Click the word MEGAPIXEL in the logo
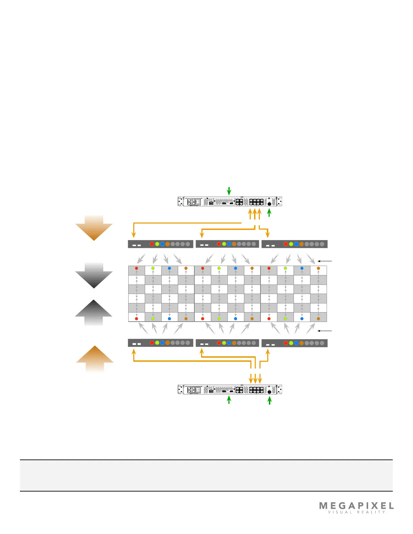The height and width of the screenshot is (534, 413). (356, 506)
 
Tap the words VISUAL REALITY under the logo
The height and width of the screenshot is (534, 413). (356, 512)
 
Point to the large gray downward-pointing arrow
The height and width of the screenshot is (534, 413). (94, 276)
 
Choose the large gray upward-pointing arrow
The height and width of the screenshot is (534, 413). (93, 312)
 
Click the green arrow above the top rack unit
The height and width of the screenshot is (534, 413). (229, 191)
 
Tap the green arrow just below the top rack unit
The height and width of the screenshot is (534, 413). (269, 213)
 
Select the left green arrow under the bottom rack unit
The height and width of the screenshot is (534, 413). (229, 400)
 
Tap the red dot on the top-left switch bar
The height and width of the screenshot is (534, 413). (152, 244)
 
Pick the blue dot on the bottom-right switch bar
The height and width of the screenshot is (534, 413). (296, 343)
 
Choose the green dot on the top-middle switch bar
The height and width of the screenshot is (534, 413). (224, 244)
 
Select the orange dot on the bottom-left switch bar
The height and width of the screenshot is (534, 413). (167, 343)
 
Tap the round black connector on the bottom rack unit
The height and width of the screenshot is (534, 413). (269, 392)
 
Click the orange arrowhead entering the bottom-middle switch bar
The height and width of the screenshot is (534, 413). (202, 351)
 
